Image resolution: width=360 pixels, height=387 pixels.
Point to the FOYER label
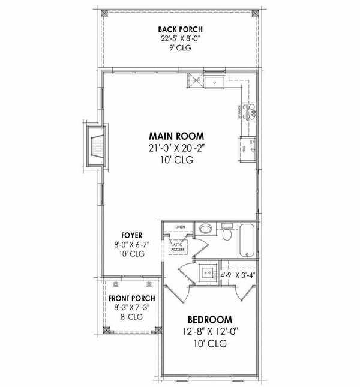(x=131, y=235)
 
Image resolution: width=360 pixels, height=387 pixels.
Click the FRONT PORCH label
(x=131, y=298)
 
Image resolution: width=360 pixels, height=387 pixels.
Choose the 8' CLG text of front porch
(x=131, y=316)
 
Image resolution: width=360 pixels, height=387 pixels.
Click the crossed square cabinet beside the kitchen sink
(x=195, y=79)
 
